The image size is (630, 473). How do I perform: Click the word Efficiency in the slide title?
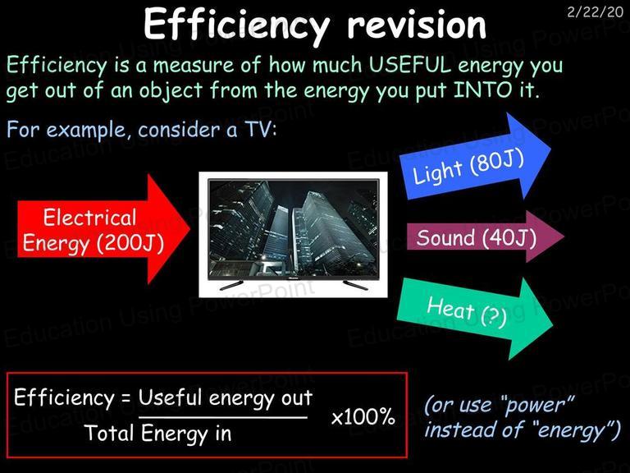236,25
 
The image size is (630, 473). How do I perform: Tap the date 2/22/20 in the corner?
595,12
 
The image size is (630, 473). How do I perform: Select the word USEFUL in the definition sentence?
410,65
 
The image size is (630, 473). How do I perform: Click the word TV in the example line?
259,130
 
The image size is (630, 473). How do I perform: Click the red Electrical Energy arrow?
103,229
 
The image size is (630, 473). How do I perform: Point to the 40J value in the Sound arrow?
509,237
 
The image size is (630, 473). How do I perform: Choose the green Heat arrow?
475,318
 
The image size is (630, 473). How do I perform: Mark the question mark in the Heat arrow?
493,316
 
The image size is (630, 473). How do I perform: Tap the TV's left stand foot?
231,286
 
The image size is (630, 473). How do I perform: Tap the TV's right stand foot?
355,286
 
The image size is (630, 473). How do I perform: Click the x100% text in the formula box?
363,416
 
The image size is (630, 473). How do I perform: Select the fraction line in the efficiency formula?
223,417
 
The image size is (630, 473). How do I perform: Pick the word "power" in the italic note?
538,404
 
